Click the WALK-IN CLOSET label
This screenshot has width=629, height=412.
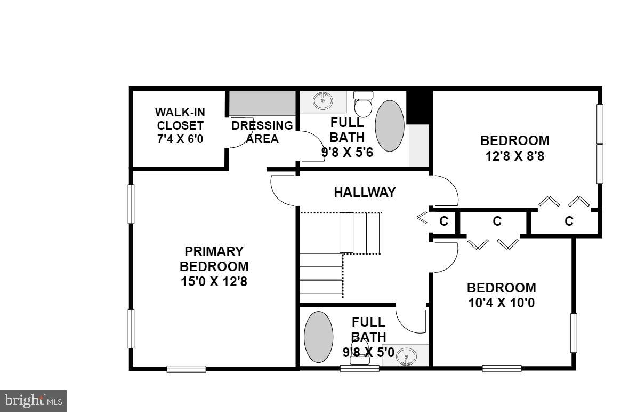[180, 118]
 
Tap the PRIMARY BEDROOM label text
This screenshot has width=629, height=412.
[214, 259]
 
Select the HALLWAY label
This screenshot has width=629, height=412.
[365, 192]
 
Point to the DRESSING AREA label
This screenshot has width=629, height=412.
[262, 132]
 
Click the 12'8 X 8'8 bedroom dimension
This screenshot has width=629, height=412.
[515, 156]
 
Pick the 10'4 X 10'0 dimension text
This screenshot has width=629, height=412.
[502, 303]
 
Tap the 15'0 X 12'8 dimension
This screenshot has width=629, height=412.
[214, 281]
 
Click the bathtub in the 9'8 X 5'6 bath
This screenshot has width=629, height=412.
[390, 126]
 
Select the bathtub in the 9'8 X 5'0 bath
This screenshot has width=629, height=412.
[318, 337]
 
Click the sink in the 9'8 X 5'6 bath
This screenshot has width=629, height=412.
[323, 100]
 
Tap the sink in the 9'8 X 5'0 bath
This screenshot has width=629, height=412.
[407, 356]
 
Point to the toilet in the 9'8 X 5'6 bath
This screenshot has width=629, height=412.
[364, 104]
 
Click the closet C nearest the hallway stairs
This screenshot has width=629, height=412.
[443, 221]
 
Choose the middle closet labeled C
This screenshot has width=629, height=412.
[497, 221]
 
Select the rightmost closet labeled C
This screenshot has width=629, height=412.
[569, 221]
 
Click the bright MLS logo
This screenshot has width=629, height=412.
[33, 401]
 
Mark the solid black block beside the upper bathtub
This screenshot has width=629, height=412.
[418, 107]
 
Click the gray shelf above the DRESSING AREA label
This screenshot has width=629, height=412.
[262, 104]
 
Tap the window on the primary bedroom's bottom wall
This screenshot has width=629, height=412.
[186, 369]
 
